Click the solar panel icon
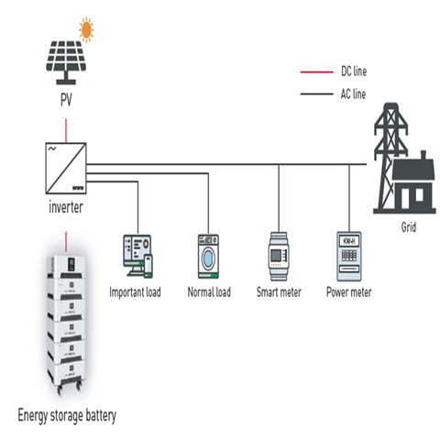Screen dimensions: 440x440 pyautogui.click(x=64, y=58)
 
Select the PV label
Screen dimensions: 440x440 pyautogui.click(x=66, y=97)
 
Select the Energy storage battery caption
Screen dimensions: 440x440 pyautogui.click(x=67, y=415)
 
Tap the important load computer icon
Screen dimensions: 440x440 pyautogui.click(x=137, y=255)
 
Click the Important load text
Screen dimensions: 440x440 pyautogui.click(x=137, y=293)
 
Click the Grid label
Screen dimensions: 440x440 pyautogui.click(x=408, y=227)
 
